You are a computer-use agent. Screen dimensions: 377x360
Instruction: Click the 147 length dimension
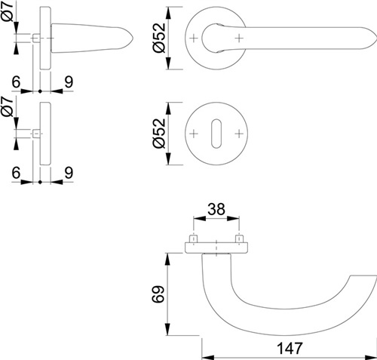click(x=290, y=349)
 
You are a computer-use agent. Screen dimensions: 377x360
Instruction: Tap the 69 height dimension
click(x=158, y=294)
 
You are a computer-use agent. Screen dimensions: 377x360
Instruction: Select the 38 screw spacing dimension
click(x=216, y=209)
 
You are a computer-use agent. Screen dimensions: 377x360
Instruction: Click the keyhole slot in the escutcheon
click(x=216, y=134)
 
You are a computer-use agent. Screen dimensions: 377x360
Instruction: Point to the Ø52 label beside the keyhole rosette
click(x=159, y=134)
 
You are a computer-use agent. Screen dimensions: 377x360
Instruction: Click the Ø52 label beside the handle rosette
click(x=159, y=38)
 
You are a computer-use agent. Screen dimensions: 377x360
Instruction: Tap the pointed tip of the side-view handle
click(x=133, y=38)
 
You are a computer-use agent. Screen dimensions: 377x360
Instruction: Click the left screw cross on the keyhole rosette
click(x=194, y=134)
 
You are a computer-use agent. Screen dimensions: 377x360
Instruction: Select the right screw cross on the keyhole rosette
click(x=239, y=134)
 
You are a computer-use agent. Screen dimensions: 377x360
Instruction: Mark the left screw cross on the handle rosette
click(x=194, y=38)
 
